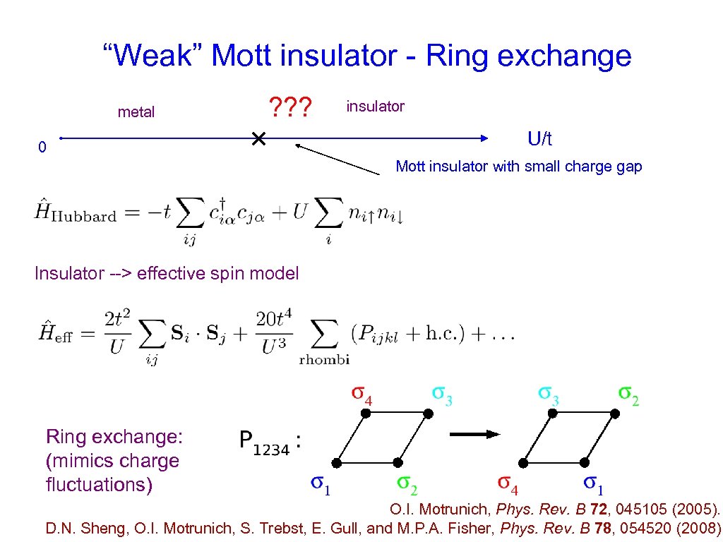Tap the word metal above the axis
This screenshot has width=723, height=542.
click(136, 112)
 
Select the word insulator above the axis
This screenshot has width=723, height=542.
click(375, 106)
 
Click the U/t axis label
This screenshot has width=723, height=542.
click(540, 139)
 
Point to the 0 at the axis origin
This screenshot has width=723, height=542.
click(42, 147)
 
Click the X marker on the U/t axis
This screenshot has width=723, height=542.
click(258, 139)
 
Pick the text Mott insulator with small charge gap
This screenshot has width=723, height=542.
click(519, 167)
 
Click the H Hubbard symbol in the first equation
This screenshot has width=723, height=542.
click(74, 212)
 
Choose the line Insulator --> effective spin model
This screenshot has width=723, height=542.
click(167, 273)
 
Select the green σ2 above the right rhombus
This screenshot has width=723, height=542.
click(628, 395)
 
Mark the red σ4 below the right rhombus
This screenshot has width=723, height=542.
click(508, 485)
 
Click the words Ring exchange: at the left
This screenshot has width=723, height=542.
click(114, 437)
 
